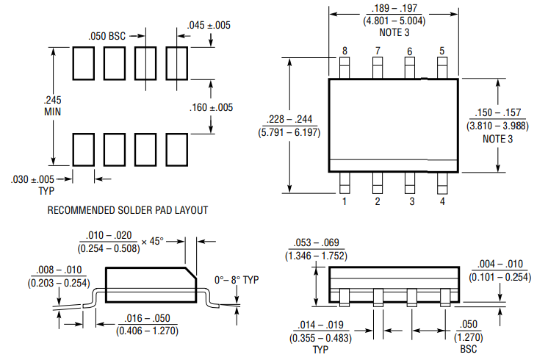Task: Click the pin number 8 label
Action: pyautogui.click(x=345, y=51)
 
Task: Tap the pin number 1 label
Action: pyautogui.click(x=345, y=201)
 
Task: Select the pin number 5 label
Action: pyautogui.click(x=442, y=51)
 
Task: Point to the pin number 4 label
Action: pyautogui.click(x=442, y=201)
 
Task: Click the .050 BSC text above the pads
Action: pyautogui.click(x=107, y=36)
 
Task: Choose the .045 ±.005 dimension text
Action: pyautogui.click(x=209, y=25)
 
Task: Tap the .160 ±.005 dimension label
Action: pyautogui.click(x=211, y=107)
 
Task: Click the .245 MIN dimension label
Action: pyautogui.click(x=52, y=106)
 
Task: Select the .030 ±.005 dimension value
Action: pyautogui.click(x=32, y=180)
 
